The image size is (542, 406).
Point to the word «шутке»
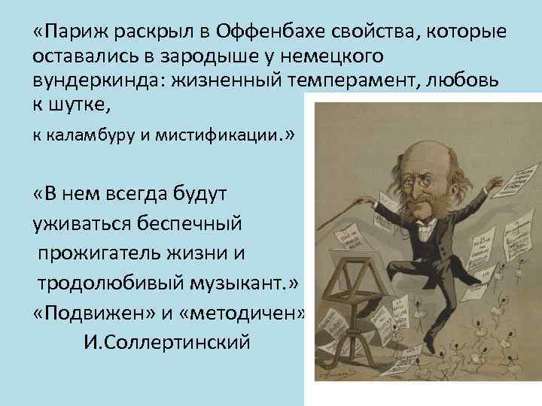(x=81, y=105)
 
